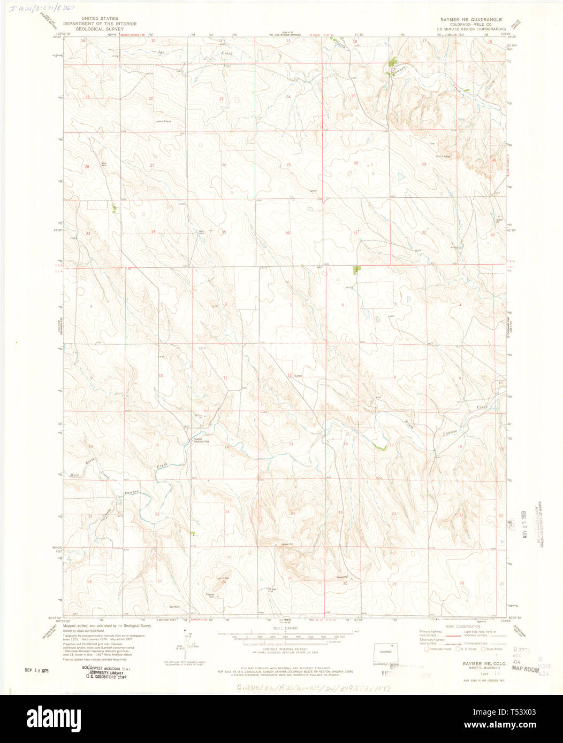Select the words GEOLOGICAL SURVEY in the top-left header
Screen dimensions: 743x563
point(100,29)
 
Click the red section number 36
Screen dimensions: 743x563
point(287,233)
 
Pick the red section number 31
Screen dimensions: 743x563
point(355,233)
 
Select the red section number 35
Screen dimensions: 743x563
point(224,233)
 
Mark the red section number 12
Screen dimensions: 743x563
point(289,375)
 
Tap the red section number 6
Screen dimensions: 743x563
point(342,305)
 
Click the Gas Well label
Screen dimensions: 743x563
point(174,606)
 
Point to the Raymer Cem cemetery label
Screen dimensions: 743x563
point(210,594)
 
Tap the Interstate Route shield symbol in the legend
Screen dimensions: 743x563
point(427,649)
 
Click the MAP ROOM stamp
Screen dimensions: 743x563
point(525,668)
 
